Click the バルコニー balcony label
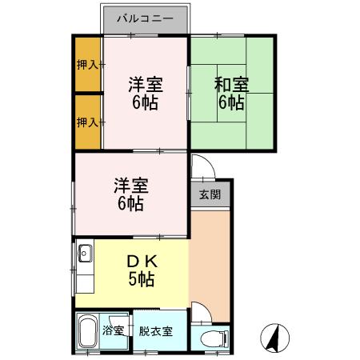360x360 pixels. pyautogui.click(x=146, y=18)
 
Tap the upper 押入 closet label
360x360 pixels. pyautogui.click(x=87, y=65)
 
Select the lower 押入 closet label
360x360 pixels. pyautogui.click(x=87, y=122)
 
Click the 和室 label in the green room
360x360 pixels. pyautogui.click(x=231, y=85)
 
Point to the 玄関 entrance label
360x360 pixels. pyautogui.click(x=210, y=194)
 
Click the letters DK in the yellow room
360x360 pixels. pyautogui.click(x=142, y=262)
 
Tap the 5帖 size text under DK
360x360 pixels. pyautogui.click(x=142, y=279)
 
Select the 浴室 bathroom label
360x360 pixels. pyautogui.click(x=113, y=330)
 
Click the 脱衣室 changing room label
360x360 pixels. pyautogui.click(x=156, y=331)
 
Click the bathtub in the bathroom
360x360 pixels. pyautogui.click(x=87, y=331)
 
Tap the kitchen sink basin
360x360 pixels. pyautogui.click(x=85, y=253)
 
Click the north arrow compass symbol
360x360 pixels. pyautogui.click(x=274, y=338)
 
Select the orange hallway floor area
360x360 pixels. pyautogui.click(x=210, y=266)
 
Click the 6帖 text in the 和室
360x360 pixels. pyautogui.click(x=231, y=102)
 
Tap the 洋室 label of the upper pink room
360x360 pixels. pyautogui.click(x=146, y=85)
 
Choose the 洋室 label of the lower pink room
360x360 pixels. pyautogui.click(x=131, y=186)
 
